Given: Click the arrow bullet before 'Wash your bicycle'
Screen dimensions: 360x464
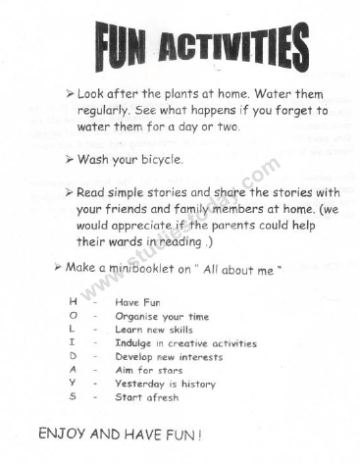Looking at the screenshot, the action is pyautogui.click(x=70, y=159).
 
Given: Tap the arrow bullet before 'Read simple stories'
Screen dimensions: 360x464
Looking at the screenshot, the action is pyautogui.click(x=70, y=193).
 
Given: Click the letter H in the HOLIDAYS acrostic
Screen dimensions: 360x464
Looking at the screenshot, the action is pyautogui.click(x=73, y=303).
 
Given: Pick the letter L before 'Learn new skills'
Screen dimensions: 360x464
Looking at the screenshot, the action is pyautogui.click(x=73, y=331).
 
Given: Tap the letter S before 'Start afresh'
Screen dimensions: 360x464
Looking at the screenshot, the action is pyautogui.click(x=73, y=398).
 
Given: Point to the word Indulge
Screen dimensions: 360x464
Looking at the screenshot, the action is pyautogui.click(x=134, y=344).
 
